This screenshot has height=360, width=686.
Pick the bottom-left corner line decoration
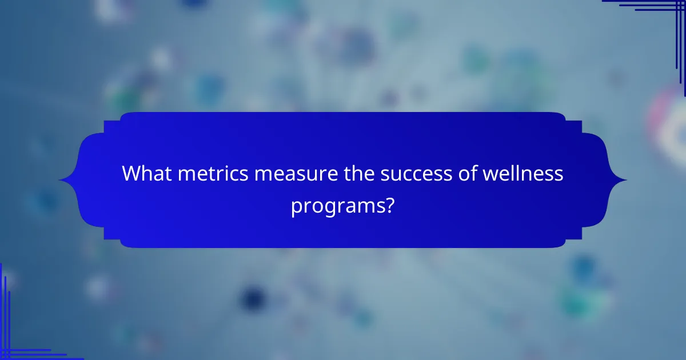pos(17,337)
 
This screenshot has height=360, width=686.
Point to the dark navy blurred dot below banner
pos(252,297)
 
